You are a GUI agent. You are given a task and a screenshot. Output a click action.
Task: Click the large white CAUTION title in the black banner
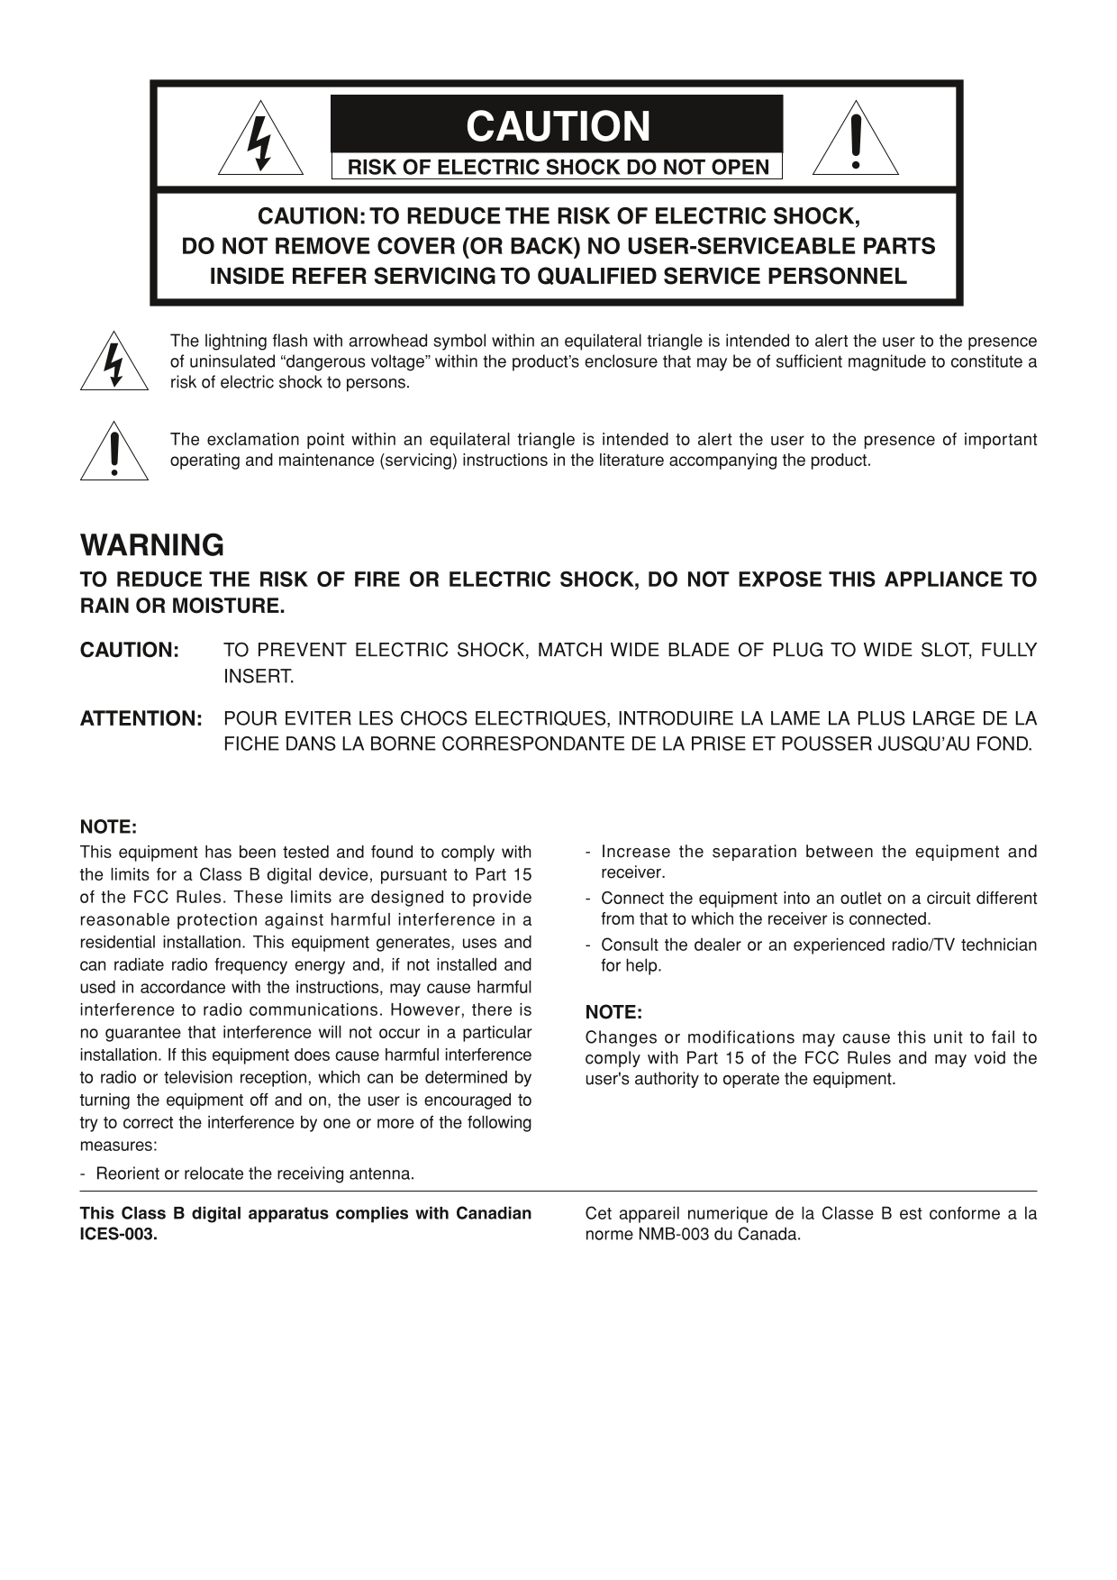558,126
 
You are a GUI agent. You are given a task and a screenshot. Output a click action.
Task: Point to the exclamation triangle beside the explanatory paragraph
114,453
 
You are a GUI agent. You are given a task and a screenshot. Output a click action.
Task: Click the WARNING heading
152,545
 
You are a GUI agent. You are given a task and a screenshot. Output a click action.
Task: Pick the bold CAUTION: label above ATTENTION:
130,650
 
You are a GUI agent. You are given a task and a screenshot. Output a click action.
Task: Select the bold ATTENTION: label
141,718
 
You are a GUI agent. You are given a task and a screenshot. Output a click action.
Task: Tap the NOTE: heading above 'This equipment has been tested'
108,827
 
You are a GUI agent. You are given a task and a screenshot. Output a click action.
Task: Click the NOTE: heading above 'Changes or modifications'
613,1011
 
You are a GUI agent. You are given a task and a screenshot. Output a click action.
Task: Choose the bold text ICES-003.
119,1234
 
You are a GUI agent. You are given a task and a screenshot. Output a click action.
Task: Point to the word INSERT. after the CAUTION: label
259,676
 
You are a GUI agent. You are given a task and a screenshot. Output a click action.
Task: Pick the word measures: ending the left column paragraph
118,1145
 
